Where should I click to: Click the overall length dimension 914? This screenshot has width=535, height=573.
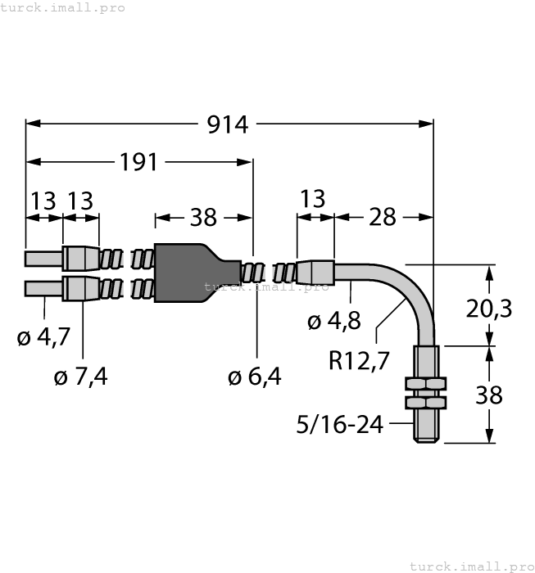click(228, 124)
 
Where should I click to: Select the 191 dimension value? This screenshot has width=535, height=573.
click(138, 162)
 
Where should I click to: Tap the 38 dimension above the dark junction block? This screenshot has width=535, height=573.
click(203, 217)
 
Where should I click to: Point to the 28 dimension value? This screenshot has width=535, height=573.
click(382, 217)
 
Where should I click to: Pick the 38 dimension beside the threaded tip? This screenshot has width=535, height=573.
click(489, 395)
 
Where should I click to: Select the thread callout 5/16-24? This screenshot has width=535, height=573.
click(339, 424)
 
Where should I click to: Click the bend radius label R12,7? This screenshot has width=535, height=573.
click(360, 359)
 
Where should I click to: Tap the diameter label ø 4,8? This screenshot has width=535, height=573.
click(333, 322)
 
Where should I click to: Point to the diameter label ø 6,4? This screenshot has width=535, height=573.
click(254, 377)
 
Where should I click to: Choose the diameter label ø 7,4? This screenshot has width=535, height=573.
click(80, 377)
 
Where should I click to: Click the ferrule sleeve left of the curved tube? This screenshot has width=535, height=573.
click(316, 271)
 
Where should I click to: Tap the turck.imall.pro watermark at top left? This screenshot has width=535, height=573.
click(63, 7)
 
